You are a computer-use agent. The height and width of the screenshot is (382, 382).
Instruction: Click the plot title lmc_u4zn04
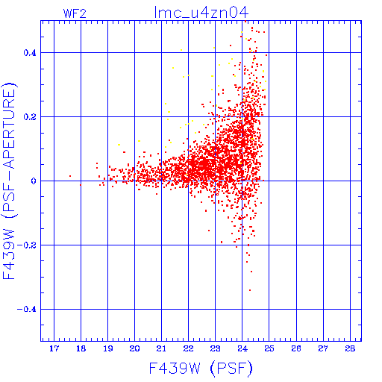pos(201,13)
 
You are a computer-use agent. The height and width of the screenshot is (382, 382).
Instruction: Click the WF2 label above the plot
pos(75,13)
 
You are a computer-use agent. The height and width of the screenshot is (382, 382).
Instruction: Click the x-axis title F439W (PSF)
pos(201,369)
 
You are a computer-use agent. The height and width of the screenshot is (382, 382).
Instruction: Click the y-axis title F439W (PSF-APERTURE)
pos(10,181)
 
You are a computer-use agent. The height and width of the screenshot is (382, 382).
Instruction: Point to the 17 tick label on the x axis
pos(54,348)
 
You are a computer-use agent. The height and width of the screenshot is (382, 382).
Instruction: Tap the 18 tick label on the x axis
pos(81,348)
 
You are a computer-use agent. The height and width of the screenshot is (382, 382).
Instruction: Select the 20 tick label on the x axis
pos(134,348)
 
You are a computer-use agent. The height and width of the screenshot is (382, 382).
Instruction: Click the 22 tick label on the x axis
pos(188,348)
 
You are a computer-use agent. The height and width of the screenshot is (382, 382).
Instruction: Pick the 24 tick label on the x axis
pos(242,348)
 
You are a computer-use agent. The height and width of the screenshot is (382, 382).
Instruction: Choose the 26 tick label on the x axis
pos(296,348)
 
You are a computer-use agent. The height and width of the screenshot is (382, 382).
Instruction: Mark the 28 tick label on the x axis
pos(350,348)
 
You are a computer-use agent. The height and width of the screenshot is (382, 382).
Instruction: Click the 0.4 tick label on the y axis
pos(30,53)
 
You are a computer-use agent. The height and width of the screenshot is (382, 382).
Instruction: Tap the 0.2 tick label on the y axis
pos(30,117)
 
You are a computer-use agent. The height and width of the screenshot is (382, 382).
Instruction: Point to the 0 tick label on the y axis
pos(34,181)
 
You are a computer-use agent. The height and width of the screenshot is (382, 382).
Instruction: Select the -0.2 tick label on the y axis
pos(27,245)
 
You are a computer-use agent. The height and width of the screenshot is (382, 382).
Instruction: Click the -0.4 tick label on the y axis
pos(27,310)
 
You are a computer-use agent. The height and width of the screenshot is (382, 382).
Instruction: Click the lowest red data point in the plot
pos(250,290)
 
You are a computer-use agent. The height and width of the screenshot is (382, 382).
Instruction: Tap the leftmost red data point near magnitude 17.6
pos(70,176)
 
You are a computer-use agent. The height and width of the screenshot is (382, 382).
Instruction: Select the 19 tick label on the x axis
pos(107,348)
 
